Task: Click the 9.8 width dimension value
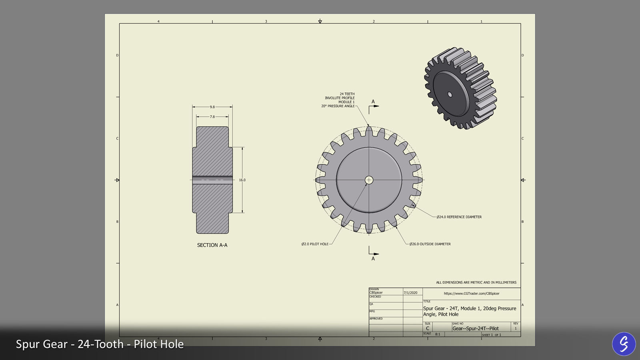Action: click(212, 107)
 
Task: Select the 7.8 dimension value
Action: click(212, 117)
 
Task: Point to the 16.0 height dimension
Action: click(242, 180)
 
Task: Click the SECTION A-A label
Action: click(212, 245)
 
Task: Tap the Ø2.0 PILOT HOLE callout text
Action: click(315, 244)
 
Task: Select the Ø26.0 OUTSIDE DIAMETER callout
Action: click(430, 244)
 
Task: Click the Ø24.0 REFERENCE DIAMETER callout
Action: click(459, 217)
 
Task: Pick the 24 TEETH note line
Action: click(347, 94)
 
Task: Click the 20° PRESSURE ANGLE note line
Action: click(338, 106)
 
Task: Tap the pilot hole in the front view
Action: click(369, 180)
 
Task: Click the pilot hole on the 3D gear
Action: click(450, 95)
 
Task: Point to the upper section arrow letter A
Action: click(373, 102)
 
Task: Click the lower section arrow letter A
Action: click(373, 259)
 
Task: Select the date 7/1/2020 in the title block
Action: click(410, 293)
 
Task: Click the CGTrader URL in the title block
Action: click(471, 294)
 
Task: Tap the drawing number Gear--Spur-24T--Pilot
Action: click(475, 328)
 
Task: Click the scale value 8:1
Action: click(438, 334)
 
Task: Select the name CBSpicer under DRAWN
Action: click(376, 293)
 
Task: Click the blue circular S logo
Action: click(624, 344)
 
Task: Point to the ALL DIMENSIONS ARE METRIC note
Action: click(476, 282)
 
